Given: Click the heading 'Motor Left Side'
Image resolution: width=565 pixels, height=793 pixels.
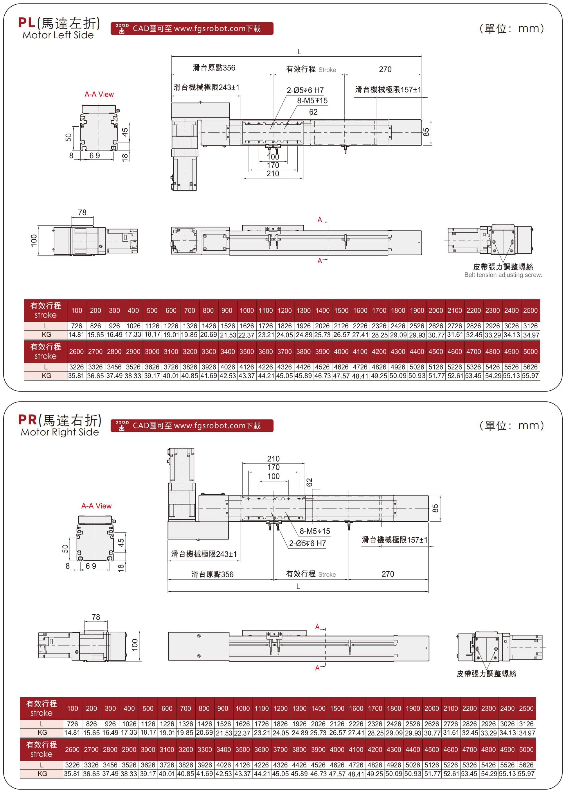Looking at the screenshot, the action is point(58,35).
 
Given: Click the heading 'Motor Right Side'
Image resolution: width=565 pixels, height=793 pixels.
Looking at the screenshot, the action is point(60,432).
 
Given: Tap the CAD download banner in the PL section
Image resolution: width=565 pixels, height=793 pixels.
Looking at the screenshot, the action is point(192,28).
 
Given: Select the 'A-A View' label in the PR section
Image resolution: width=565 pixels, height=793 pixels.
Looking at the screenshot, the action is point(96,506).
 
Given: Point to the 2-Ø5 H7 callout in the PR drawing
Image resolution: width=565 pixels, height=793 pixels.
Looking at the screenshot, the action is point(307,543).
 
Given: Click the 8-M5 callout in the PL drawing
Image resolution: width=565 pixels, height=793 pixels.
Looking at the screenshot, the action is point(312,101).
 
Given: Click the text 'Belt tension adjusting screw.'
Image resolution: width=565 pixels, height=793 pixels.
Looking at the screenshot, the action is point(503,275).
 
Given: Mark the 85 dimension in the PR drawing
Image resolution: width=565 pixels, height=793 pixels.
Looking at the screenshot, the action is point(435,508).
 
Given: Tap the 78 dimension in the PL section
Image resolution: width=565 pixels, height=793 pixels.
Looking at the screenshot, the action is point(82,212).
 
